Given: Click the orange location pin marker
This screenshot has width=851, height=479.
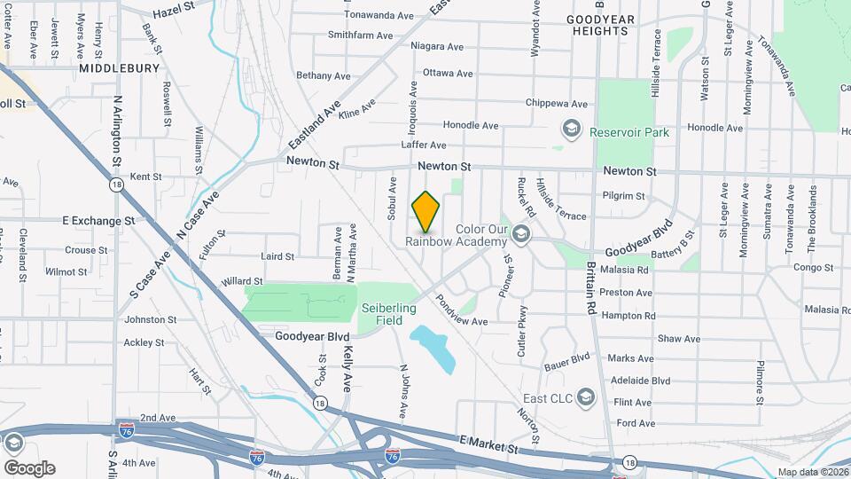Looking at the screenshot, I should click(x=426, y=211).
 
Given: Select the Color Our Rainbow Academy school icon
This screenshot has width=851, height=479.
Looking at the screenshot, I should click(x=520, y=235).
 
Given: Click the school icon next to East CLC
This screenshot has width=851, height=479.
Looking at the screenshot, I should click(x=585, y=397).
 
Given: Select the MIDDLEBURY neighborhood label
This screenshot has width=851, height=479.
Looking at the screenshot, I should click(x=118, y=67).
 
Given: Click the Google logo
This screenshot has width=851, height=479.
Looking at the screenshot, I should click(x=29, y=467).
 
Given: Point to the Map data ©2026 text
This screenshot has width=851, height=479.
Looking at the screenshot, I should click(x=812, y=472).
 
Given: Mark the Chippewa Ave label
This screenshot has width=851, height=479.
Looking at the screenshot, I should click(x=557, y=103).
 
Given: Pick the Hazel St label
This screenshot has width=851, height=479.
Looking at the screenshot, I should click(x=173, y=13).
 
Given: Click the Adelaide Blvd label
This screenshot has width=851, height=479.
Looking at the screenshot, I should click(x=641, y=381).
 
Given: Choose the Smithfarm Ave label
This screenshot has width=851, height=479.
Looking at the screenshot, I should click(x=360, y=35).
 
